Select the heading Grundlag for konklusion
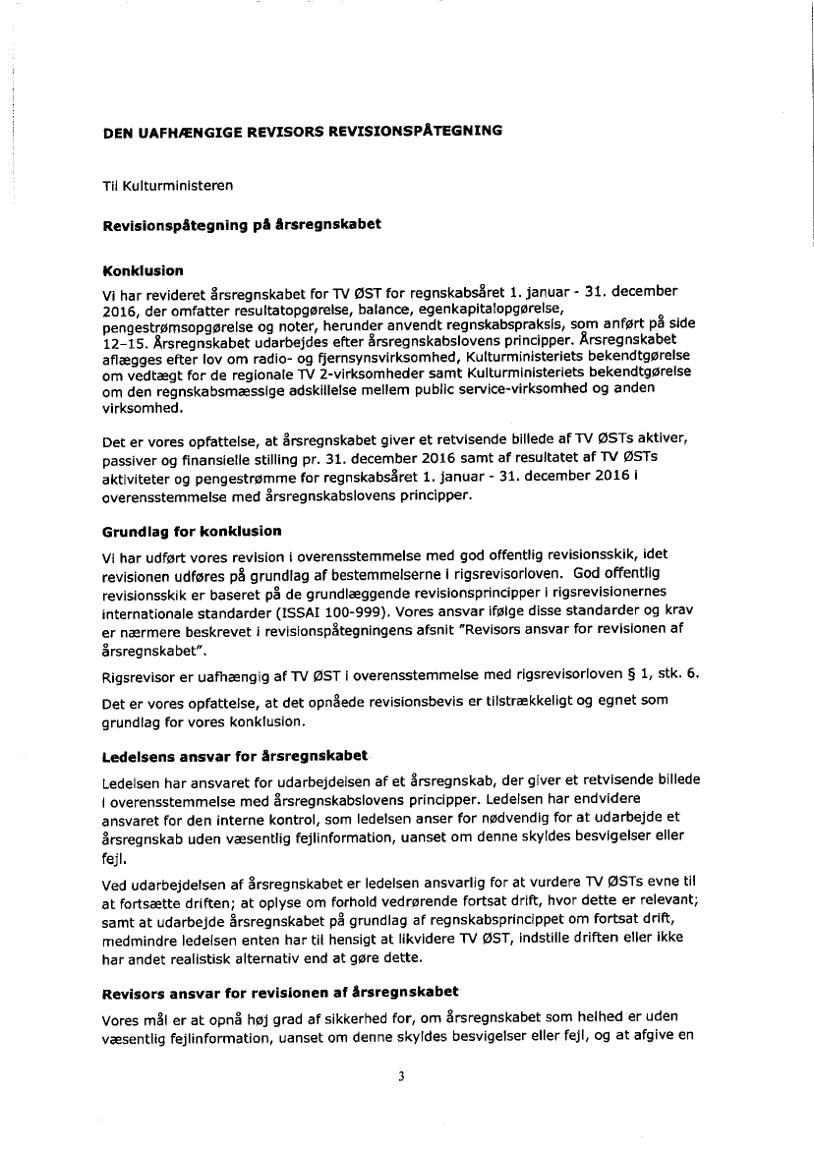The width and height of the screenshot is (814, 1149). (x=192, y=531)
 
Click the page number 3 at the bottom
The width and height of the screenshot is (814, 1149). (x=401, y=1074)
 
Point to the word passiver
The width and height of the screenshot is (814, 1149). (x=134, y=458)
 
